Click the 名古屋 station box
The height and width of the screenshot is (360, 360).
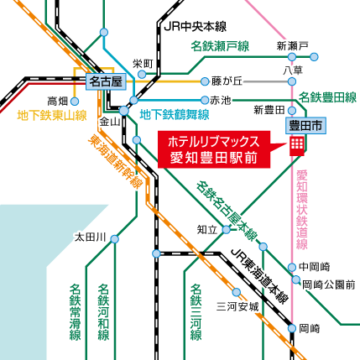[x=106, y=82]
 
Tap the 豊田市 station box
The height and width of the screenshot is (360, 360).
[x=305, y=126]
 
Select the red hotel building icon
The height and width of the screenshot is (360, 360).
[x=297, y=146]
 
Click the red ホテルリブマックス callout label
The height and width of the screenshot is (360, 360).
[x=214, y=149]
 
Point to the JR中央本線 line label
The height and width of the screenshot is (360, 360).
[x=196, y=27]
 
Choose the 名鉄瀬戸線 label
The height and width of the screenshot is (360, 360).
[x=220, y=46]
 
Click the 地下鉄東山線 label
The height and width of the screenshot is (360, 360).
[x=52, y=116]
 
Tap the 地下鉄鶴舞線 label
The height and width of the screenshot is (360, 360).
[x=175, y=114]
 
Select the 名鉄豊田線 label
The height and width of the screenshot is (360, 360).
[x=327, y=97]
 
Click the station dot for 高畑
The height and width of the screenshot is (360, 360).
[x=75, y=102]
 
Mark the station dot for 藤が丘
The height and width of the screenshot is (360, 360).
[x=205, y=81]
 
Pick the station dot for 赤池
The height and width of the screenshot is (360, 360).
[x=205, y=100]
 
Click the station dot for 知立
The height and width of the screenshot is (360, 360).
[x=227, y=230]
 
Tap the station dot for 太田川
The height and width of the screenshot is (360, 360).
[x=115, y=239]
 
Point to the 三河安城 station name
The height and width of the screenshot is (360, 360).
[x=237, y=307]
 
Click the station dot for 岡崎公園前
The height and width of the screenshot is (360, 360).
[x=295, y=279]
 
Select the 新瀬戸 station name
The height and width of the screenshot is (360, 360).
[x=293, y=46]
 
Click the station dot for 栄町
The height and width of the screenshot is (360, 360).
[x=142, y=75]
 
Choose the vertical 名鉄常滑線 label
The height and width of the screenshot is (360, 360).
[x=76, y=312]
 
